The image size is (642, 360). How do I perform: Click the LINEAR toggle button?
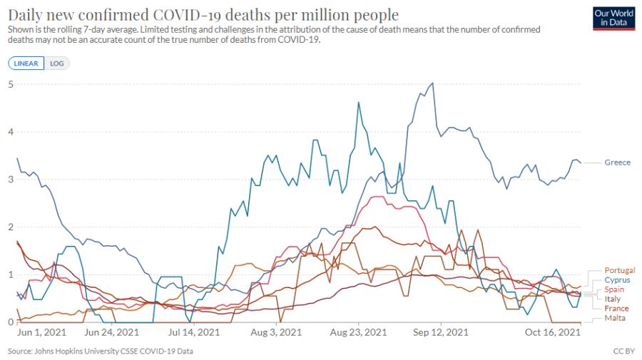pos(26,63)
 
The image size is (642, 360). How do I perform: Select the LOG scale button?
pos(57,63)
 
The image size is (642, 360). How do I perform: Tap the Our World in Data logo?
pos(613,18)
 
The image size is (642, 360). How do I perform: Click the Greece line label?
pos(618,163)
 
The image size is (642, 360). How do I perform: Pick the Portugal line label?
pos(619,270)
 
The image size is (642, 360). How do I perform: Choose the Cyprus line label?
pos(617,280)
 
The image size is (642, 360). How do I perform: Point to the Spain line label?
pos(614,289)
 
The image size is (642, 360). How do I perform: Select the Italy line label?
pos(613,299)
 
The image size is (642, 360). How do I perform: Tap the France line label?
pos(616,309)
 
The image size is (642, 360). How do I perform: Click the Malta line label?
pos(615,318)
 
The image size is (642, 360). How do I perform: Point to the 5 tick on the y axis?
pos(11,84)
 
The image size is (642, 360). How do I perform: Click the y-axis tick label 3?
pos(11,179)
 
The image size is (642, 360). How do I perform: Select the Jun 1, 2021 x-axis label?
pos(41,332)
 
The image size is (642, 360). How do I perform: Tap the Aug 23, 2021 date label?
pos(358,332)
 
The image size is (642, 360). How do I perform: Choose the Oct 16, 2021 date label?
pos(553,332)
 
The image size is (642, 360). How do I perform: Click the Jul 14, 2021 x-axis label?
pos(193,332)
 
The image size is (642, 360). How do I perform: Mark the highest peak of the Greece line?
pos(432,83)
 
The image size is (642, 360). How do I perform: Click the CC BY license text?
pos(623,351)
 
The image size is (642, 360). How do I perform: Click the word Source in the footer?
pos(20,351)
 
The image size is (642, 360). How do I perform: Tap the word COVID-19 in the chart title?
pos(187,15)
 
